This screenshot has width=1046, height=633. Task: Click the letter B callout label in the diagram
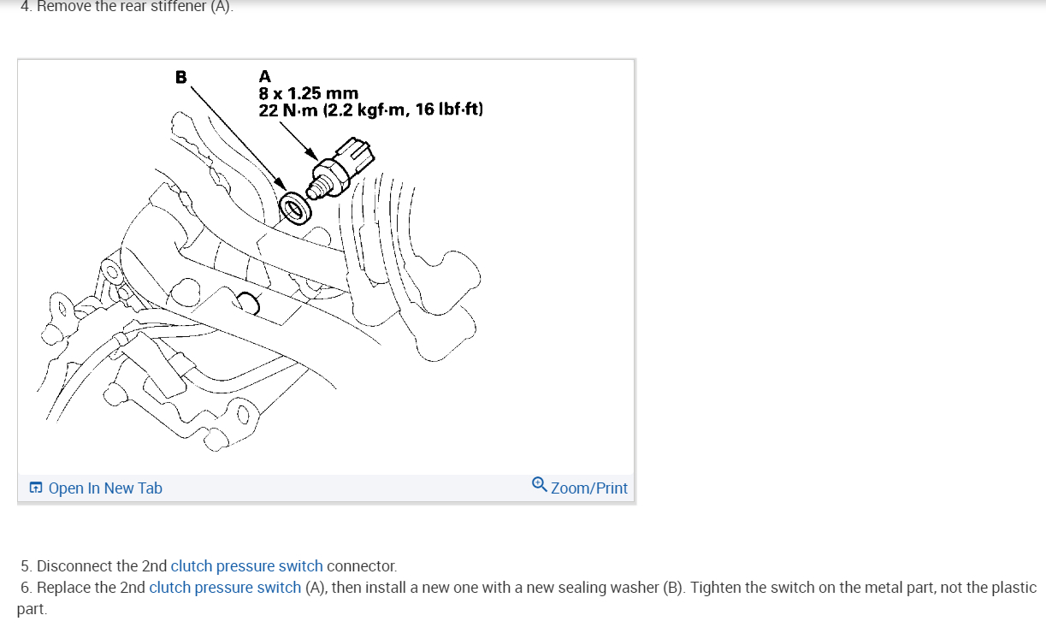180,77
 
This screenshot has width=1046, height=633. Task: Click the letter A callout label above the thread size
264,77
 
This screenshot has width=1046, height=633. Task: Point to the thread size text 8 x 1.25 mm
308,93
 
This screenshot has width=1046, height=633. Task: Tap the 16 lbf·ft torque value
448,109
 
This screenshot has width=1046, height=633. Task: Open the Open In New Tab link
105,488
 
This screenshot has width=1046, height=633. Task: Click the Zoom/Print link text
589,488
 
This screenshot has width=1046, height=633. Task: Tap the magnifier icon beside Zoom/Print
539,485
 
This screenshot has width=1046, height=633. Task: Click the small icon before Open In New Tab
36,488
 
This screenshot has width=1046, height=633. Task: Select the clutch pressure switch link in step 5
246,566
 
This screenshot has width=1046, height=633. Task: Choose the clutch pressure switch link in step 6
225,588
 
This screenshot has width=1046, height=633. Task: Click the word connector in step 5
361,566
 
